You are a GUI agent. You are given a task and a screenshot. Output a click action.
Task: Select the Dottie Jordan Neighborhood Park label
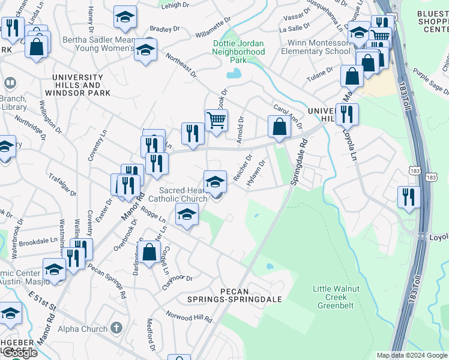[238, 52]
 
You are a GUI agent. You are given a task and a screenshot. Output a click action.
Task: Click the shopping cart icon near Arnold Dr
[216, 119]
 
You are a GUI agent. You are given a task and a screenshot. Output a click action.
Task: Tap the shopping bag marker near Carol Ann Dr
[279, 127]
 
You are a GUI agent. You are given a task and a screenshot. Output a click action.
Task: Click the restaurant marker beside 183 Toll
[408, 196]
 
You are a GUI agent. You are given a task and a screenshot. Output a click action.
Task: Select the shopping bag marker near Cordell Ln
[149, 252]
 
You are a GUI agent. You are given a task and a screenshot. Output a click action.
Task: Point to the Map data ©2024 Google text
[411, 355]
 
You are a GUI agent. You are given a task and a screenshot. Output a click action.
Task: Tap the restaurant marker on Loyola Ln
[347, 113]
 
